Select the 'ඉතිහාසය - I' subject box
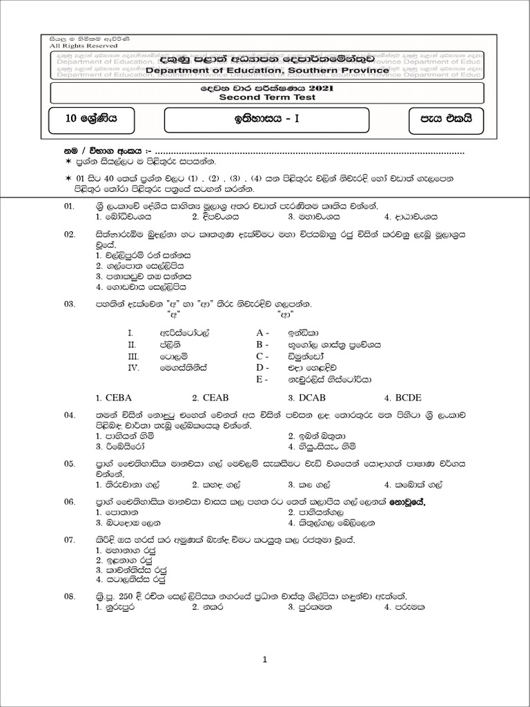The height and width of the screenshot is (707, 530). (x=284, y=118)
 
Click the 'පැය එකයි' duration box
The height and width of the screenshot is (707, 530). (x=443, y=118)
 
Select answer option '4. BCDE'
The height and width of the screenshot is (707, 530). (x=402, y=398)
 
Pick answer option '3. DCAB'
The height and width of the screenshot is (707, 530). (x=306, y=398)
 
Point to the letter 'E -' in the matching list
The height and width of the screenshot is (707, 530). (x=262, y=379)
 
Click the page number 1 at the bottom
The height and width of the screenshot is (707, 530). (x=265, y=660)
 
